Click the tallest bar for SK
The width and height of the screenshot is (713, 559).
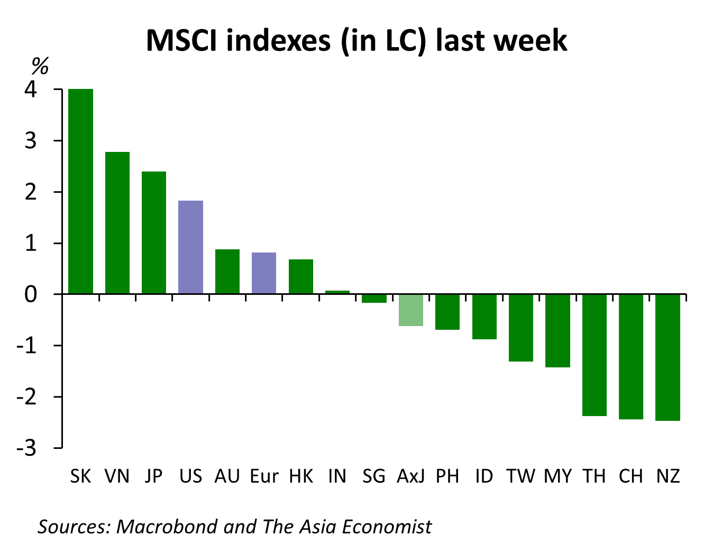tap(81, 191)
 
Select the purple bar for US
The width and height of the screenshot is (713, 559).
tap(191, 247)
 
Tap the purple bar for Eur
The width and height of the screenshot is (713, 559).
tap(264, 273)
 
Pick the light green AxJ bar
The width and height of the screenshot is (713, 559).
tap(411, 310)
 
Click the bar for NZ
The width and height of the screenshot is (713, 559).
tap(668, 357)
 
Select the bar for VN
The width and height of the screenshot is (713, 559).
tap(117, 223)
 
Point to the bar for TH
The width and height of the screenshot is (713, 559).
tap(595, 355)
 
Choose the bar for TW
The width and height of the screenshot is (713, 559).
tap(521, 328)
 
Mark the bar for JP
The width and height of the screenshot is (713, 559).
tap(154, 232)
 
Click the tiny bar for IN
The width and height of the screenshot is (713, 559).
tap(337, 292)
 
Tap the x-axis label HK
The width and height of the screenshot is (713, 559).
tap(301, 476)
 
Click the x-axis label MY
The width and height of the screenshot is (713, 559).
tap(557, 476)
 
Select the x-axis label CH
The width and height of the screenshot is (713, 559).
tap(630, 476)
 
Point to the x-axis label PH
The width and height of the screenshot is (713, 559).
tap(447, 476)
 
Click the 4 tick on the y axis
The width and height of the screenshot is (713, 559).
tap(31, 89)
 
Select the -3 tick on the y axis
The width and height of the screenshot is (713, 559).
tap(26, 448)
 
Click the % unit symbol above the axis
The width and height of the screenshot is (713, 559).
tap(40, 67)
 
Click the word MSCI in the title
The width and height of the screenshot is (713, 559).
tap(181, 40)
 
